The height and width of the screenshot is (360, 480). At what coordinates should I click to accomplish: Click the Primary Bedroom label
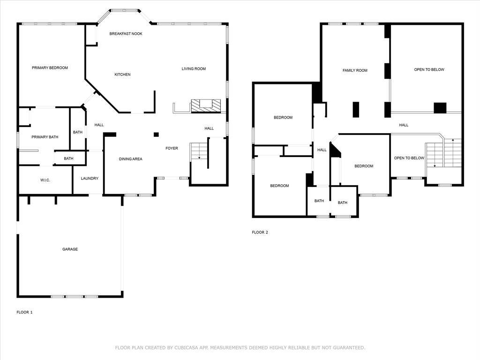pos(50,67)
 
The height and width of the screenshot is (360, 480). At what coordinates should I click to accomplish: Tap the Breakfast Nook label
pos(126,34)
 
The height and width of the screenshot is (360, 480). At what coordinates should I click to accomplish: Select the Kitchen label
pos(122,75)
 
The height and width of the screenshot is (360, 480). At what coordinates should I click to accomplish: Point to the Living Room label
pos(194,68)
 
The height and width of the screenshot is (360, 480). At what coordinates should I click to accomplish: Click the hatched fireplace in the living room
pos(206,106)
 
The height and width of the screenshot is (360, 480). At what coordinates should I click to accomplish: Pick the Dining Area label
pos(130,159)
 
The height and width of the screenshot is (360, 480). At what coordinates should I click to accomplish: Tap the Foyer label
pos(172,148)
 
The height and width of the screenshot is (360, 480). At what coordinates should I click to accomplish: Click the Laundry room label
pos(90,178)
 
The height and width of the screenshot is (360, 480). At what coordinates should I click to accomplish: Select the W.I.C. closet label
pos(45,180)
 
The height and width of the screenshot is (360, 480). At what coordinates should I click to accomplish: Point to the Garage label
pos(70,249)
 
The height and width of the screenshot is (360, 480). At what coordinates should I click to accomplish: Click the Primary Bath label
pos(45,137)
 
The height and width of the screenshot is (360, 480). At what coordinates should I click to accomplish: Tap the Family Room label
pos(355,70)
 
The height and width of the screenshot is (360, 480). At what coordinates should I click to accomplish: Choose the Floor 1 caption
pos(24,312)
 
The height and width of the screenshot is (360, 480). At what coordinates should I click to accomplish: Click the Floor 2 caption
pos(260,232)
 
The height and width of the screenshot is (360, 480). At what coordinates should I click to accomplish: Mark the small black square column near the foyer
pos(156,135)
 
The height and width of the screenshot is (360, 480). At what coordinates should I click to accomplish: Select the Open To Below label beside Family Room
pos(429,69)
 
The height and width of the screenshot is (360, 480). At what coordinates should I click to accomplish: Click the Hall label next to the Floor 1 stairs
pos(209,128)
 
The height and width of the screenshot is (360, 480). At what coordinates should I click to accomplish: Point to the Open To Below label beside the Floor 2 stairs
pos(409,158)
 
